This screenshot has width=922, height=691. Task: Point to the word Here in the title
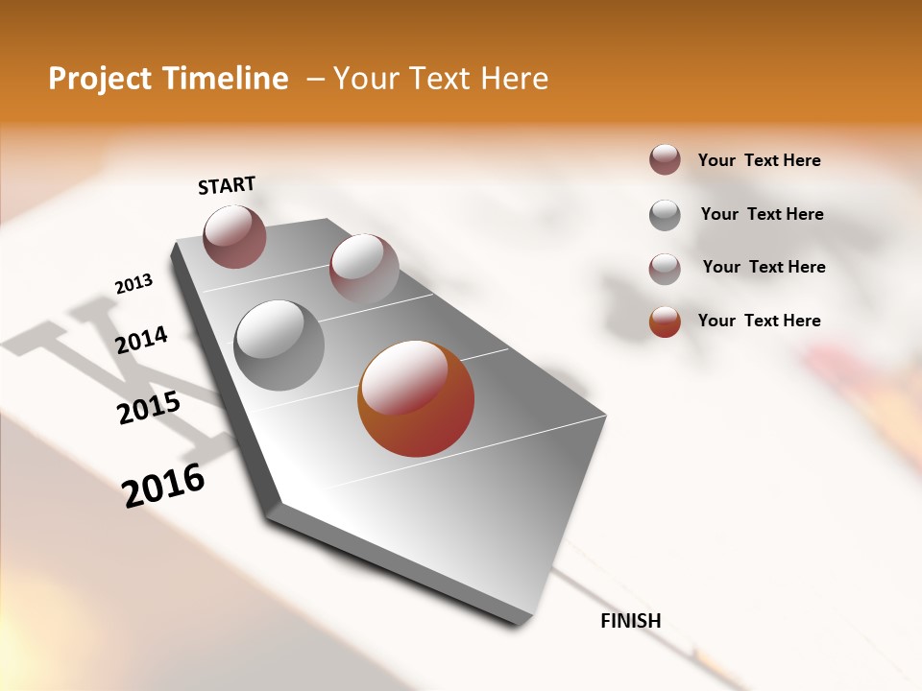tap(514, 79)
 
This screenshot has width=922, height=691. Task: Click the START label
tap(227, 185)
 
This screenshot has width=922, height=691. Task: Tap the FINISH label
tap(631, 621)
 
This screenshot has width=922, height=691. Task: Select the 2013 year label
tap(133, 284)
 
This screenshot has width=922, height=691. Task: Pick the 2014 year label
tap(141, 340)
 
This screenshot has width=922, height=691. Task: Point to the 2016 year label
tap(163, 485)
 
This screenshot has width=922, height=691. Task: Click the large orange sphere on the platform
tap(416, 398)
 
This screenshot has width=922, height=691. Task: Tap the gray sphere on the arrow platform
tap(279, 345)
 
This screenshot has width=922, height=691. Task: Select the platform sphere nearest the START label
tap(234, 236)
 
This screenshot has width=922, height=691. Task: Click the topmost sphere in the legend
tap(665, 160)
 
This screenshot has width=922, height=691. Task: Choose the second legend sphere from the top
tap(665, 215)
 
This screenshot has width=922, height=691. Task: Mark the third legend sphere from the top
tap(665, 269)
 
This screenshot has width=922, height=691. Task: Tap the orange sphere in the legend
tap(665, 322)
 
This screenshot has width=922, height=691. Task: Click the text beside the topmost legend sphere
tap(759, 160)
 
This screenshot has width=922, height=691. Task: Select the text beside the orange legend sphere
tap(759, 321)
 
